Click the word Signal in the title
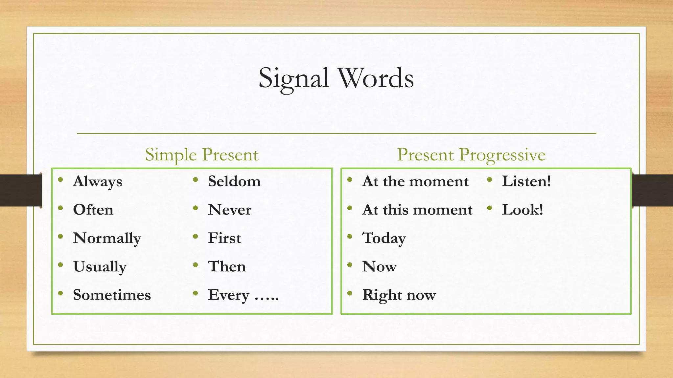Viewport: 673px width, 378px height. [293, 79]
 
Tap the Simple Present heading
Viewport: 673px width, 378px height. [202, 155]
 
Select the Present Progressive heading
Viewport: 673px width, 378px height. [471, 155]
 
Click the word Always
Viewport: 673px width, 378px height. [98, 181]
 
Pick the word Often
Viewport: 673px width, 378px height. [93, 210]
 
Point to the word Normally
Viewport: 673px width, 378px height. [107, 238]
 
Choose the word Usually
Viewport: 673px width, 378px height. [100, 266]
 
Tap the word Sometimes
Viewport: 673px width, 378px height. [112, 295]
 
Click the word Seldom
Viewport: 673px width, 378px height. [234, 181]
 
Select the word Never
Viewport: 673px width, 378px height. [229, 210]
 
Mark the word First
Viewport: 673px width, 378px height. [224, 238]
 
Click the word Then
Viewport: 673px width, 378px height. [227, 266]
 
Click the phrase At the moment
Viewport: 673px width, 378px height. [415, 181]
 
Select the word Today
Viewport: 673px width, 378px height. [384, 238]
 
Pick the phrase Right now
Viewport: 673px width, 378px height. [399, 295]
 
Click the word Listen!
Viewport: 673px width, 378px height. [526, 181]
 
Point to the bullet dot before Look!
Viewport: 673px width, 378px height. [490, 208]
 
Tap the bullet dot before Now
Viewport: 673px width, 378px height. [350, 265]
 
